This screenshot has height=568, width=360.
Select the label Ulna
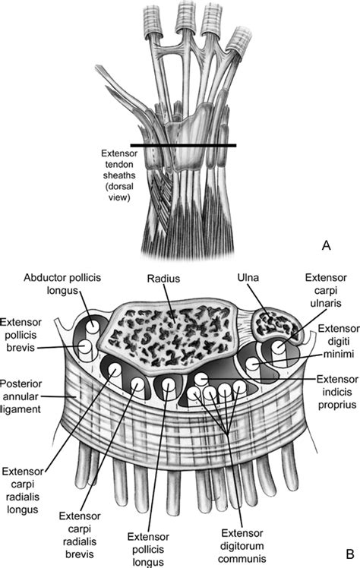(x=261, y=280)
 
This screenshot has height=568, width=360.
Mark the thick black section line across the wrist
(x=182, y=145)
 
